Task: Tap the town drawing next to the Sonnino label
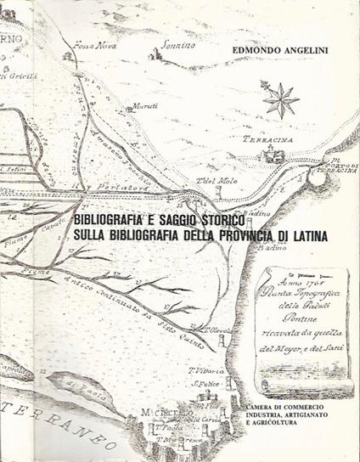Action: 155,54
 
